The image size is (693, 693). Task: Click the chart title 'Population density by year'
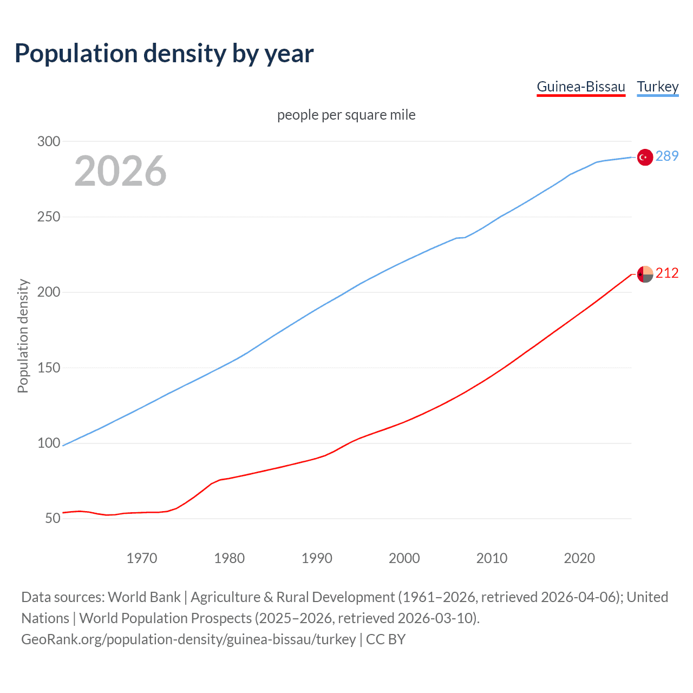164,54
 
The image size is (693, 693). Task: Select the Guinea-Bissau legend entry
580,87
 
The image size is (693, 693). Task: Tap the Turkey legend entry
657,87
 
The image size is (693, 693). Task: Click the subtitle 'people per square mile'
346,115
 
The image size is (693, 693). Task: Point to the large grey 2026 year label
120,171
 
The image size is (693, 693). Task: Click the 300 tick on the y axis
48,141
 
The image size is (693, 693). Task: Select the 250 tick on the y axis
48,217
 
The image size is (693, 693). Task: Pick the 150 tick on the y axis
48,368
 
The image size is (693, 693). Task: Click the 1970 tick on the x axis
142,558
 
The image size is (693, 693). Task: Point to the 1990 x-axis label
317,558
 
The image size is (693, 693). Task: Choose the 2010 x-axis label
492,558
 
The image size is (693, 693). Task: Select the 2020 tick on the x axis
579,558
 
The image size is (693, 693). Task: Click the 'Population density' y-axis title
23,336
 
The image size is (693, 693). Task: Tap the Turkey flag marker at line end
645,157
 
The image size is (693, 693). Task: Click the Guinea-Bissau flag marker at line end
645,274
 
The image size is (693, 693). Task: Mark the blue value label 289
667,156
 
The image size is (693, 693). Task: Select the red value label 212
667,273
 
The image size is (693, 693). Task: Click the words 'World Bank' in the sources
144,597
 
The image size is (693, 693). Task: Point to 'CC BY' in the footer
385,639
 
